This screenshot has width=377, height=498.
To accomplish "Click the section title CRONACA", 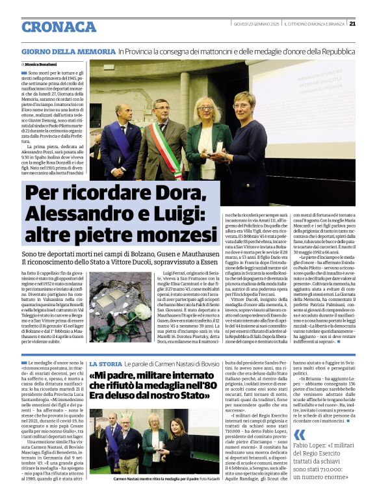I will point(58,27).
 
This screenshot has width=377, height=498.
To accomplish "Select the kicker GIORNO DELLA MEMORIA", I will point(68,50).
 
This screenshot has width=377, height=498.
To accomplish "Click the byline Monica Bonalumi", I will point(41,65).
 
